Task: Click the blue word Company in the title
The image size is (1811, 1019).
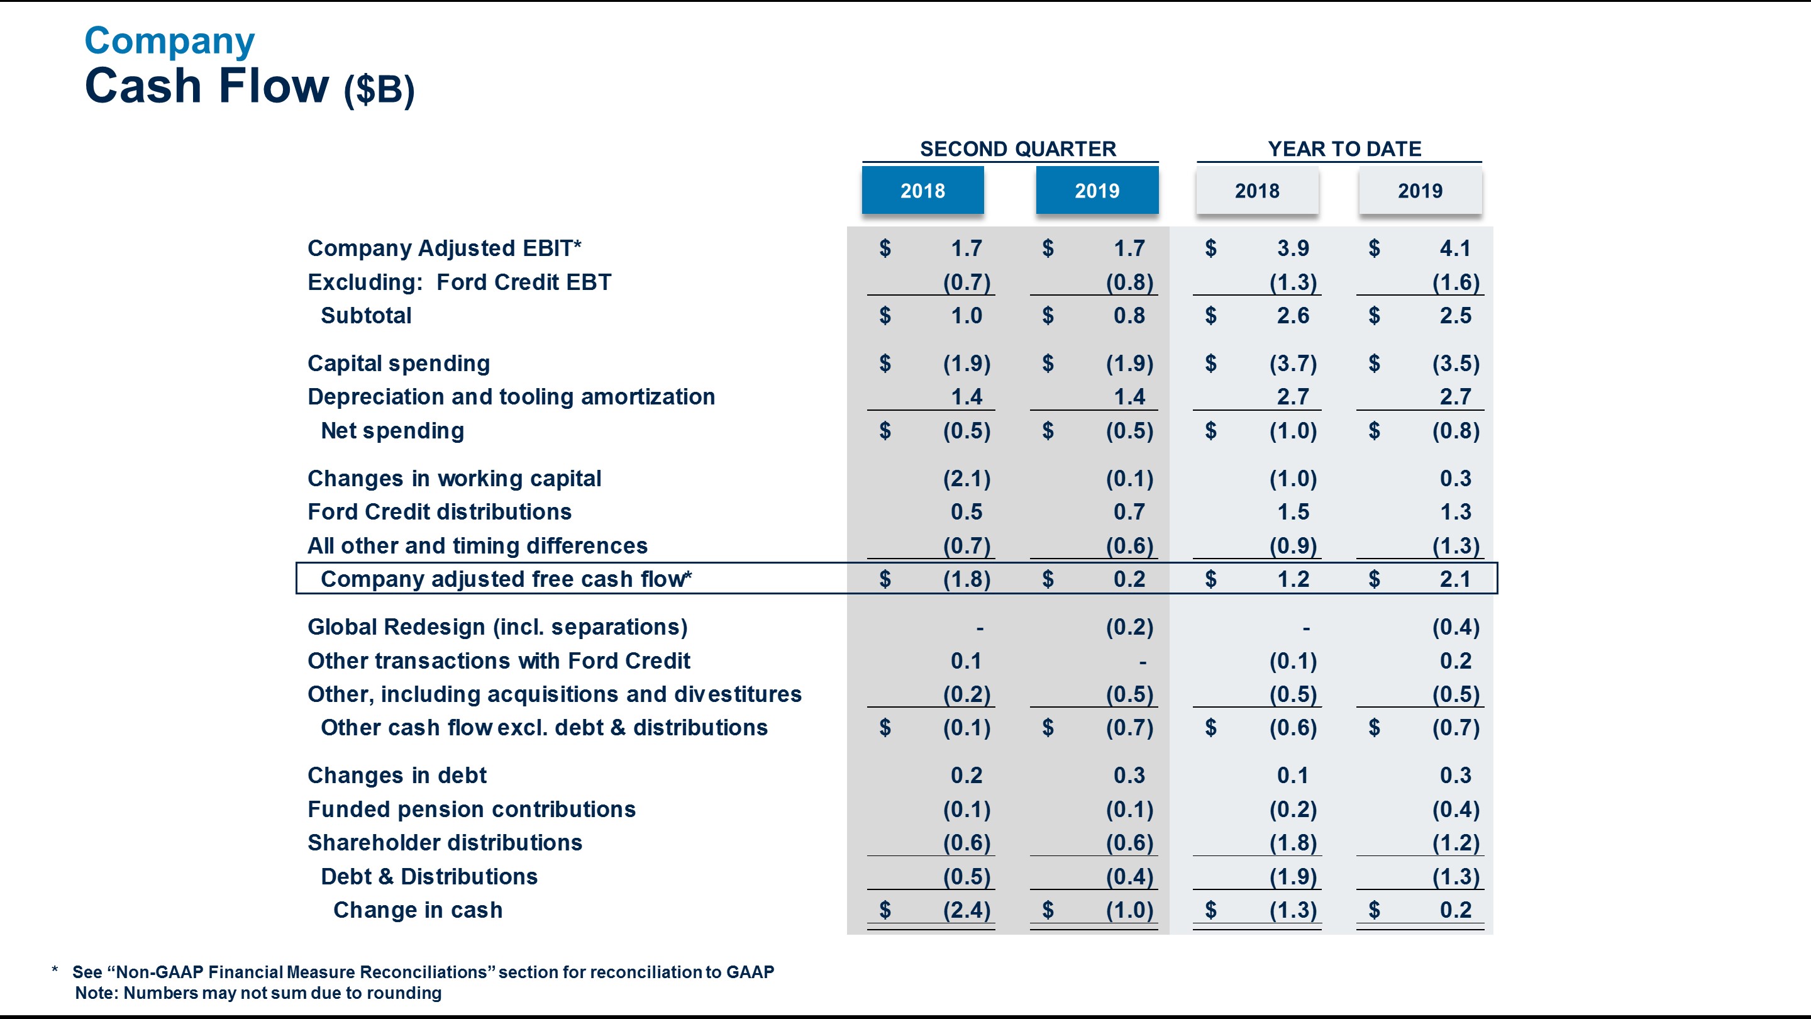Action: (x=169, y=42)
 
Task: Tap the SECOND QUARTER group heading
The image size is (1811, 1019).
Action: (x=1017, y=149)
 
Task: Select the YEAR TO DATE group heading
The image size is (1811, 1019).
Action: (x=1344, y=149)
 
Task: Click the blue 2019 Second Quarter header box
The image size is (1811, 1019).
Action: (x=1097, y=191)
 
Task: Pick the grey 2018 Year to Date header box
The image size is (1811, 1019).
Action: (x=1257, y=191)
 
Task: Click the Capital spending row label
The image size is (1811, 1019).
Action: (x=399, y=364)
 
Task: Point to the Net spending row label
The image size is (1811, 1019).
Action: (x=392, y=431)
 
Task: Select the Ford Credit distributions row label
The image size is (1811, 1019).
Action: (x=440, y=512)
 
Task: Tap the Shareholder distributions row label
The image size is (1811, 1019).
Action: (x=445, y=842)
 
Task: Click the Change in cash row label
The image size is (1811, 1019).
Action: (x=418, y=910)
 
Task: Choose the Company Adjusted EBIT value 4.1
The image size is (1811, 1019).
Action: (x=1454, y=248)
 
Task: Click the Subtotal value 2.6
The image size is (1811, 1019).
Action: (x=1293, y=316)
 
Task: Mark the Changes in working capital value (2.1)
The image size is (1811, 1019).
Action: (x=966, y=479)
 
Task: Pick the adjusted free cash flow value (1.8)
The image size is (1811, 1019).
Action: (x=966, y=579)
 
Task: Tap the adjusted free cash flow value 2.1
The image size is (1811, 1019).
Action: (x=1454, y=579)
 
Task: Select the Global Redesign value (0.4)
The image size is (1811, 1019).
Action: (x=1455, y=627)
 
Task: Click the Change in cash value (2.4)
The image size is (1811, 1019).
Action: (x=966, y=910)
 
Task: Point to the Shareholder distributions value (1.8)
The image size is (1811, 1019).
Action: (x=1293, y=842)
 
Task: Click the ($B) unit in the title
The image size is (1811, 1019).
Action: (x=379, y=90)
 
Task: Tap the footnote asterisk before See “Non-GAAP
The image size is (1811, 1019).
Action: (x=55, y=971)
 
